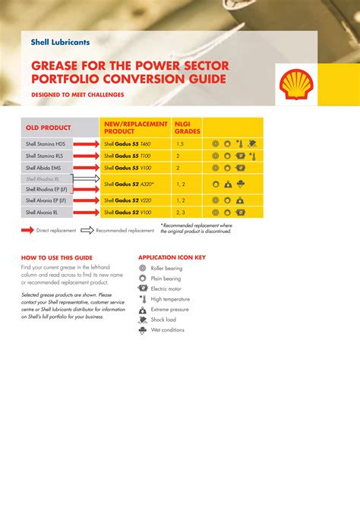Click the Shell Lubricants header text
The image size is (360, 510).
pos(60,42)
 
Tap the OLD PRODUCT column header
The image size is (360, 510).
pos(49,127)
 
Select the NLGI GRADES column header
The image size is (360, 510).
pos(187,127)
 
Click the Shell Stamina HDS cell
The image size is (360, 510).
pos(46,143)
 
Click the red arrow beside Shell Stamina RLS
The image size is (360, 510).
pos(86,156)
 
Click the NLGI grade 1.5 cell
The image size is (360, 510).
pos(180,143)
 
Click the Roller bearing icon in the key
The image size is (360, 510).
pos(143,268)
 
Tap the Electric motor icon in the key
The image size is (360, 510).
pos(143,288)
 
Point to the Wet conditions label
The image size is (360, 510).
pos(167,330)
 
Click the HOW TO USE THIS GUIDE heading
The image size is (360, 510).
pos(57,257)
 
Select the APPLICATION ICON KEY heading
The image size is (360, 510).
pos(172,257)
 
